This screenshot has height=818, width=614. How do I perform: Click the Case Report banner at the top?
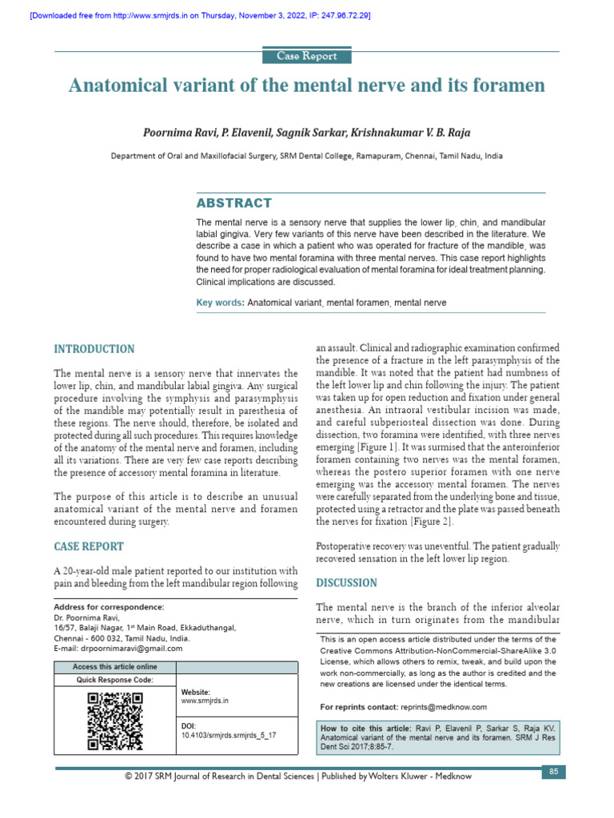307,56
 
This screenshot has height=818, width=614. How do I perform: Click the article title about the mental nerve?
307,85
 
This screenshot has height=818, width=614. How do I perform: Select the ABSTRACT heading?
233,203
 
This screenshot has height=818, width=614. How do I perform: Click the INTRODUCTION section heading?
94,349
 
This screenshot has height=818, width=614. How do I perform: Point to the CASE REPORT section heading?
89,546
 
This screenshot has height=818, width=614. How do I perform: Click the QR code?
114,721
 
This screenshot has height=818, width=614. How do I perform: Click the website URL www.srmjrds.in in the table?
205,701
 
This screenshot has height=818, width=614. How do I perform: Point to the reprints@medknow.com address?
444,707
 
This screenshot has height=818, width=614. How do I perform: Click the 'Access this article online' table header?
114,667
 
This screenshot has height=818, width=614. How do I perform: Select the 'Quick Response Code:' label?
114,680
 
